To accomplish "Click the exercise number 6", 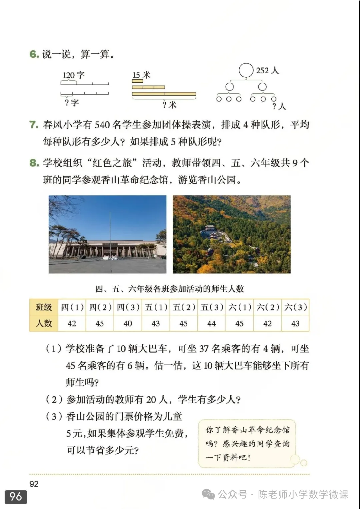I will [34, 54].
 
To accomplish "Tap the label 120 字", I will [73, 75].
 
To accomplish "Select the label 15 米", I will [141, 75].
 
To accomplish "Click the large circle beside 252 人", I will [246, 70].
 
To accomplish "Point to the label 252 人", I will [267, 70].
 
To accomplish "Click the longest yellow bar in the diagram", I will [164, 94].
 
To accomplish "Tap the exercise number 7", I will [34, 125].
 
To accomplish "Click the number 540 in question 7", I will [102, 125].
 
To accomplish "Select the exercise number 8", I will [34, 163].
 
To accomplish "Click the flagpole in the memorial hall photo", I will [110, 233].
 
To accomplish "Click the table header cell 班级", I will [44, 307].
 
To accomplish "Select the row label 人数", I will [44, 323].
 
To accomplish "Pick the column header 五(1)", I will [156, 307].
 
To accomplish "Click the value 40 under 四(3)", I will [128, 323].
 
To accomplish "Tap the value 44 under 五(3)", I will [212, 323].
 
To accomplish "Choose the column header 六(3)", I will [295, 307].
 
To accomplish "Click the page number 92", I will [34, 484].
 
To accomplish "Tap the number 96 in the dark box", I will [16, 497].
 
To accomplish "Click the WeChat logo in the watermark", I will [209, 494].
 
